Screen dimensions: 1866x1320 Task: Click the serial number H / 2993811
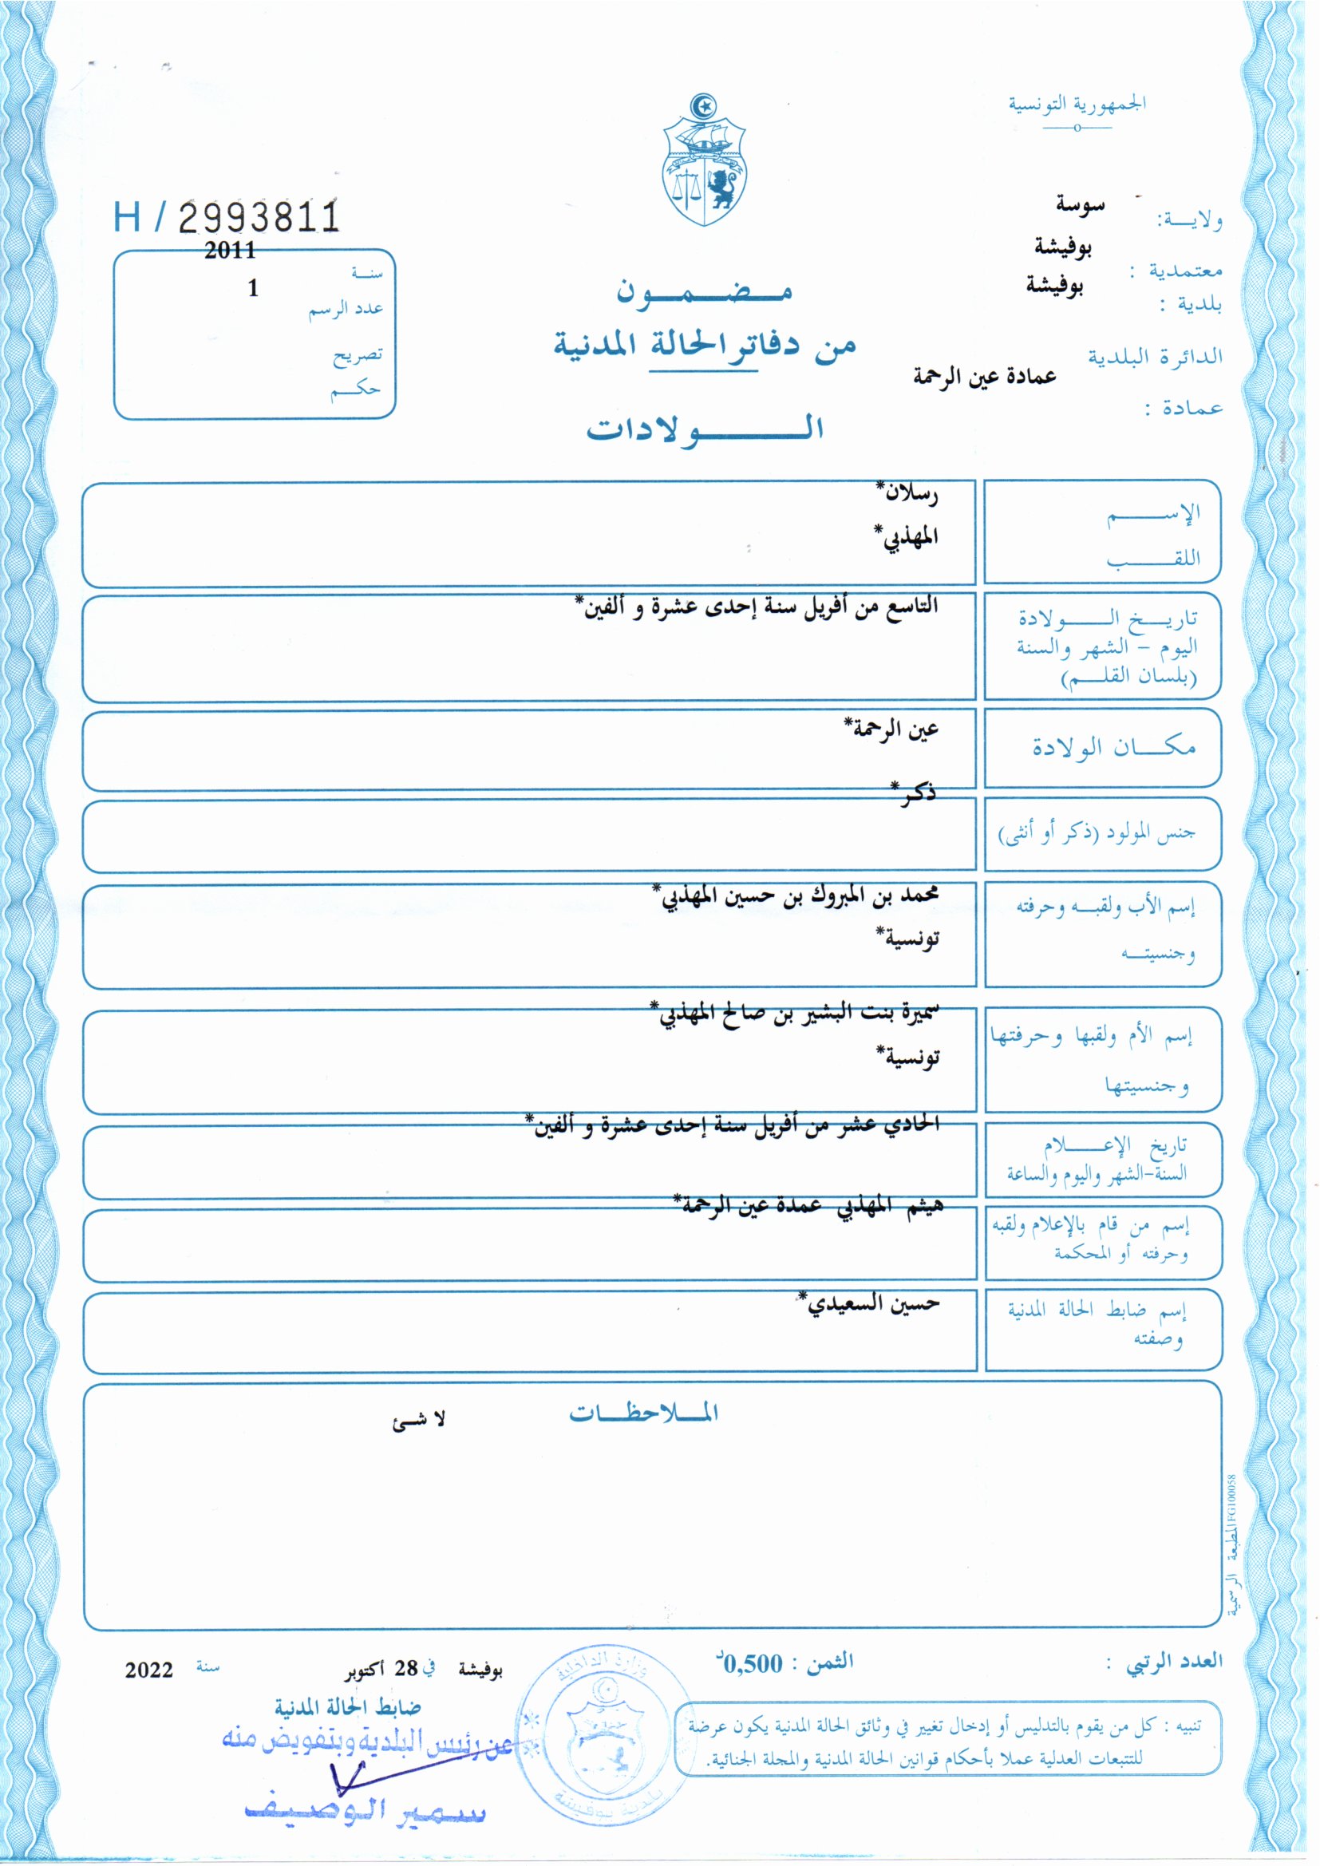coord(226,217)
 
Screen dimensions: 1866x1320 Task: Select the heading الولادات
coord(705,429)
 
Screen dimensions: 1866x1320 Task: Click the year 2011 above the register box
coord(230,251)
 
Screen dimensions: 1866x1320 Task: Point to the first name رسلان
coord(910,492)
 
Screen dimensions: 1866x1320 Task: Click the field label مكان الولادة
coord(1113,747)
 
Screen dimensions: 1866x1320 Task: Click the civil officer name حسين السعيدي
coord(870,1303)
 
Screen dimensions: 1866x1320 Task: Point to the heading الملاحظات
coord(644,1413)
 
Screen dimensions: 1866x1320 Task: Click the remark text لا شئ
coord(420,1419)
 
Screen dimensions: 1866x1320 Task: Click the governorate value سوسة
coord(1081,205)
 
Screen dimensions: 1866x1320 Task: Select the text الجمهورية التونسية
coord(1077,105)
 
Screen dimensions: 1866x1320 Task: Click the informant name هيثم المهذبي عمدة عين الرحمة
coord(808,1205)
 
